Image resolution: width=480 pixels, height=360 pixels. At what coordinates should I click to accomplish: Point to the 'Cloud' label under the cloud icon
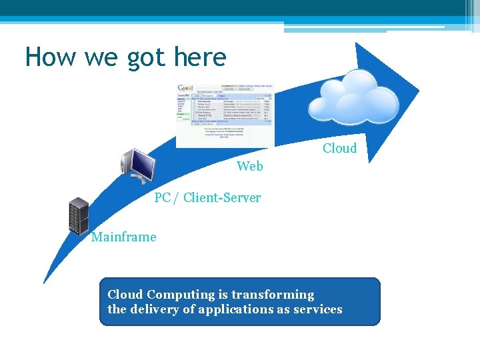coord(339,148)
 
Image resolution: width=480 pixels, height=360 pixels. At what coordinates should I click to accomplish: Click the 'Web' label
coord(250,166)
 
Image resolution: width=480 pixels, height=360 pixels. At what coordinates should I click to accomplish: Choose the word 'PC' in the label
coord(163,197)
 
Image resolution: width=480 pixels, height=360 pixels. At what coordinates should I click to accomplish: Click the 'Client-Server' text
coord(221,197)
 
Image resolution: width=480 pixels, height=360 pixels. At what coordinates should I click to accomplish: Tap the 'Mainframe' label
coord(124,237)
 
